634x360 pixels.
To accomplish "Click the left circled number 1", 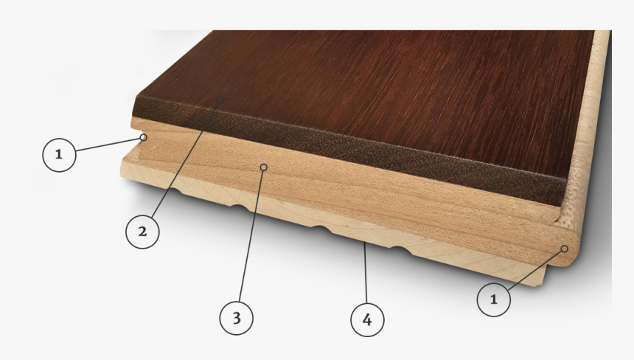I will tap(59, 155).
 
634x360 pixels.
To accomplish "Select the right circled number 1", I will tap(494, 299).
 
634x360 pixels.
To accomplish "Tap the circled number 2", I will tap(142, 232).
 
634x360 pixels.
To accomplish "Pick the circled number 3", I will tap(237, 318).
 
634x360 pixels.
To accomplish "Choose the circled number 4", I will tap(366, 319).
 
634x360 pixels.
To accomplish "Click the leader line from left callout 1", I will tap(108, 145).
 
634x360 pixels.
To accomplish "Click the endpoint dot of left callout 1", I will tap(143, 136).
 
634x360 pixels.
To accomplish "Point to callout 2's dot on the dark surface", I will tap(219, 100).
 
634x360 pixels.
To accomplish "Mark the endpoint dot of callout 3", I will tap(263, 167).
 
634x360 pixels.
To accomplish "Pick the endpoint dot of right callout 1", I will tap(565, 249).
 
